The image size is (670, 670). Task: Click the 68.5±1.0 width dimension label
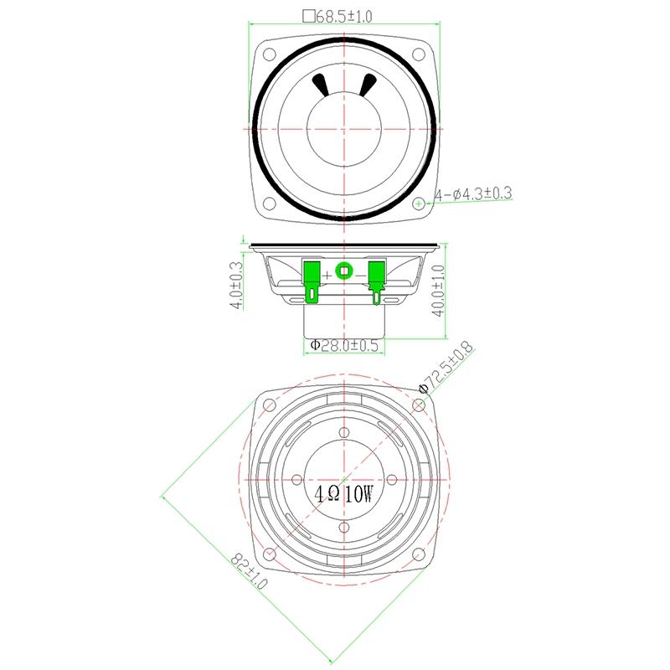point(338,16)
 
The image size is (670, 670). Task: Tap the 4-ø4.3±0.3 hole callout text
point(473,194)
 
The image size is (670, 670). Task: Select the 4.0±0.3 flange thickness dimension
point(236,285)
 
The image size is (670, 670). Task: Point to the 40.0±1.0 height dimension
point(438,291)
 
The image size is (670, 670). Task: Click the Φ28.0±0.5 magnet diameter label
point(344,345)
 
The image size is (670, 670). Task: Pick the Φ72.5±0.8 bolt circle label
point(447,367)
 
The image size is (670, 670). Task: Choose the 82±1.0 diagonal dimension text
point(249,571)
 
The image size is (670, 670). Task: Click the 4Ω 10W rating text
point(344,495)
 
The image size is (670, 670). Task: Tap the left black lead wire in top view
point(321,85)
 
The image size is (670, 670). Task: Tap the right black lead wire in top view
point(367,85)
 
